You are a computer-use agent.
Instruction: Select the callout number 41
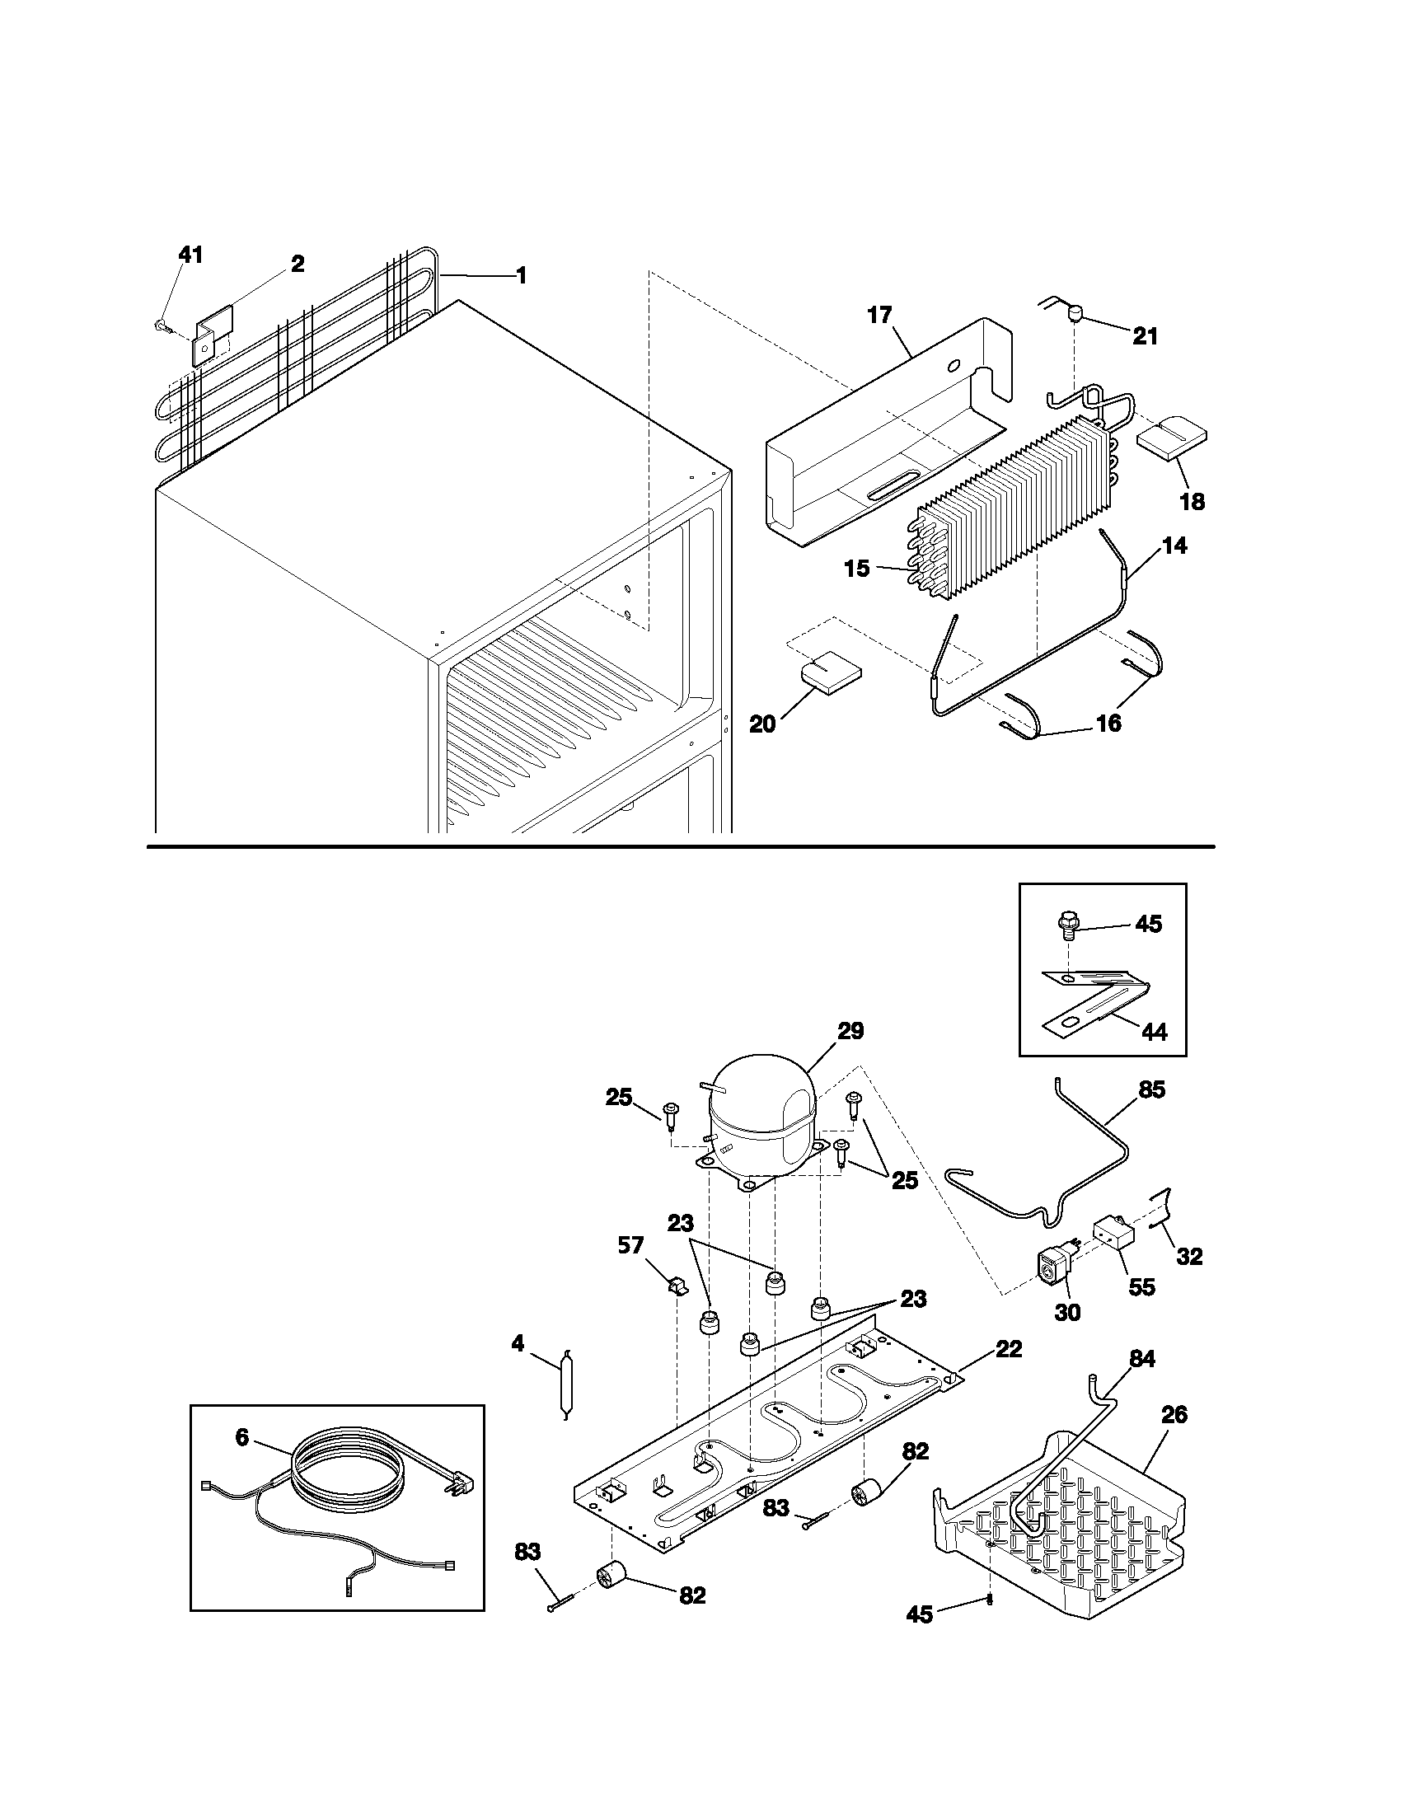[x=190, y=255]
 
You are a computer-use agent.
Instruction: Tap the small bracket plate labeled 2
[x=213, y=337]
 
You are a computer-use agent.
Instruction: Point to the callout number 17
[x=879, y=316]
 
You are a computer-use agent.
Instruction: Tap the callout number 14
[x=1174, y=546]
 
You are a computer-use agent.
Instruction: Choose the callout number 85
[x=1152, y=1089]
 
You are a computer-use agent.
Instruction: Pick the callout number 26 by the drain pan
[x=1174, y=1414]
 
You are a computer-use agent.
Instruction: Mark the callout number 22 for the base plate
[x=1009, y=1350]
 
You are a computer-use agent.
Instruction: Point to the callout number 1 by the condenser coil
[x=521, y=275]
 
